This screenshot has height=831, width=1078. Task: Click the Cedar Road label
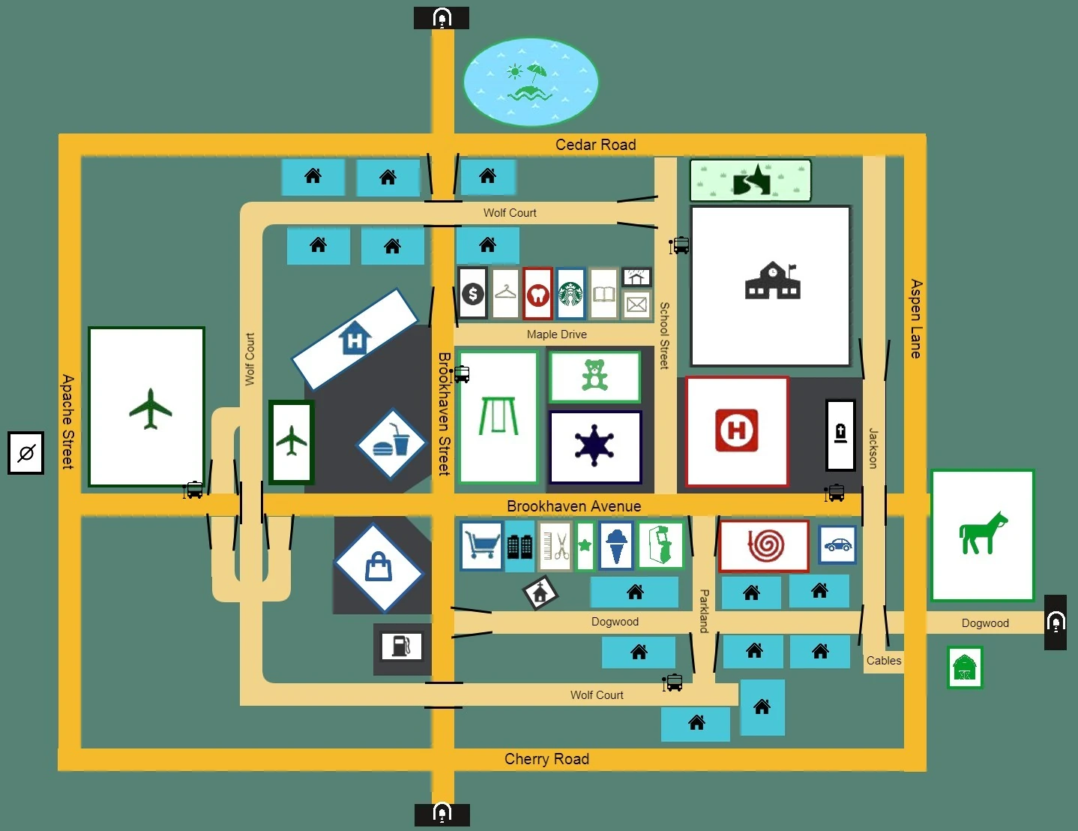[x=595, y=145]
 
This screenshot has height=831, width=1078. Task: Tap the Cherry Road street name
[x=546, y=759]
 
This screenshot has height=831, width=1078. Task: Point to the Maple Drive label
[x=556, y=334]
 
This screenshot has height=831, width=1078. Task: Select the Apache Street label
[x=67, y=421]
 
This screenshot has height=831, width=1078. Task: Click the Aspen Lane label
[x=915, y=319]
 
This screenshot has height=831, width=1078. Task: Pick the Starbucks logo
[x=570, y=293]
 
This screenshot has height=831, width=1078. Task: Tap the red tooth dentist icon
[x=538, y=294]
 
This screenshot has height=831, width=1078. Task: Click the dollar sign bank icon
[x=472, y=293]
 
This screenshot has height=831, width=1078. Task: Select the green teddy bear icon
[x=594, y=376]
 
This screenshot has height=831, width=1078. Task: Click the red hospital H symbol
[x=737, y=430]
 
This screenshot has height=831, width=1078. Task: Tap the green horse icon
[x=983, y=533]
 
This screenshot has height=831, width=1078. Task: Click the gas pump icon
[x=402, y=645]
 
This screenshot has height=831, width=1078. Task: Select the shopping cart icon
[x=481, y=545]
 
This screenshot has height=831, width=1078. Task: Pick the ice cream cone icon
[x=616, y=545]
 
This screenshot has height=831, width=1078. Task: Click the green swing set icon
[x=498, y=416]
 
